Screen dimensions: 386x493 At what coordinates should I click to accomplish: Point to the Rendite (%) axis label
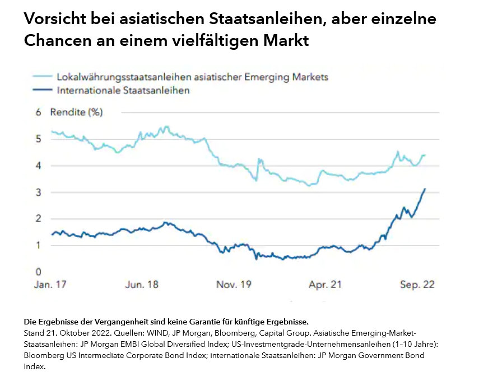(x=76, y=112)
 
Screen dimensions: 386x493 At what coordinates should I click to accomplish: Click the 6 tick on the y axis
(x=39, y=112)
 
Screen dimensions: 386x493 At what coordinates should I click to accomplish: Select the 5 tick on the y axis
(x=39, y=139)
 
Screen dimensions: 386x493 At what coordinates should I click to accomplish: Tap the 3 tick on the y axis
(x=39, y=192)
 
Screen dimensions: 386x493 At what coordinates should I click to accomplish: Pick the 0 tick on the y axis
(x=39, y=272)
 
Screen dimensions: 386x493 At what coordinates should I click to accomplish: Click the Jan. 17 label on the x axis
(x=50, y=284)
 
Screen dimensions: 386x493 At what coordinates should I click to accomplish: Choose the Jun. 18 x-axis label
(x=142, y=284)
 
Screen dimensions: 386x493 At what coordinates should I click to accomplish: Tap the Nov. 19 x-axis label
(x=234, y=284)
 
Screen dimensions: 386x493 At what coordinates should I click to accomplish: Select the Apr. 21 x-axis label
(x=325, y=284)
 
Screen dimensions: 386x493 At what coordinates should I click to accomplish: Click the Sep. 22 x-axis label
(x=417, y=284)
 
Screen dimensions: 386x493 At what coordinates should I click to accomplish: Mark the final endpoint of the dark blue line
(x=425, y=189)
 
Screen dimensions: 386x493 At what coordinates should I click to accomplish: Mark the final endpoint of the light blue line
(x=425, y=155)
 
